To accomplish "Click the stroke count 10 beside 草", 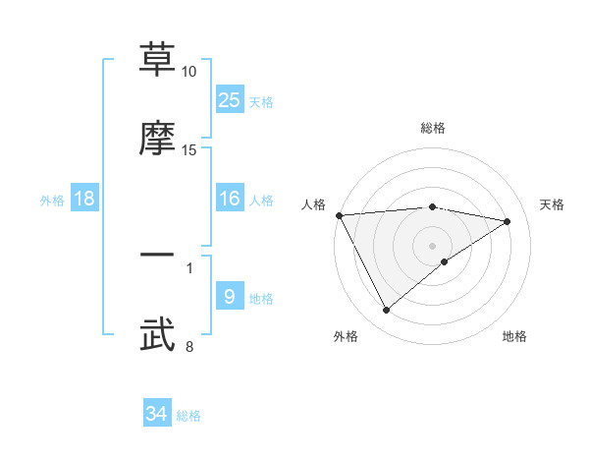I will pyautogui.click(x=189, y=72).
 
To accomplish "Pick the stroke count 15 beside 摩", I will pyautogui.click(x=189, y=150).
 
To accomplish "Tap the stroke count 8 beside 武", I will pyautogui.click(x=188, y=346).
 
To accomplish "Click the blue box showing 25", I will pyautogui.click(x=229, y=99).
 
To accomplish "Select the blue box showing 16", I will pyautogui.click(x=229, y=199).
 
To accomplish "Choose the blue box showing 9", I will pyautogui.click(x=229, y=297).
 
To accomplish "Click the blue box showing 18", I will pyautogui.click(x=84, y=199).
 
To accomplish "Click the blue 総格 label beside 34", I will pyautogui.click(x=188, y=416).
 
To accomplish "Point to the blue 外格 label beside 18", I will pyautogui.click(x=52, y=201).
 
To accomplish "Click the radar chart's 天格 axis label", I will pyautogui.click(x=552, y=204).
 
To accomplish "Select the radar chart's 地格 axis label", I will pyautogui.click(x=514, y=336).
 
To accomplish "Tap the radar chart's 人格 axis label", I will pyautogui.click(x=313, y=204).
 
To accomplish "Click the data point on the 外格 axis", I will pyautogui.click(x=386, y=311).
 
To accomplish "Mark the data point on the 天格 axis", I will pyautogui.click(x=508, y=221).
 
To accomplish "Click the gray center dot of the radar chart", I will pyautogui.click(x=433, y=245).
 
